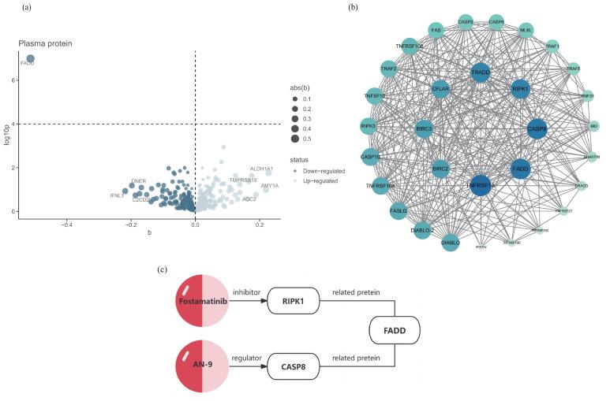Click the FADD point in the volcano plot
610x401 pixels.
30,58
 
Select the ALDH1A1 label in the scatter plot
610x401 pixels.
261,169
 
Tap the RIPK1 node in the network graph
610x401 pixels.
520,89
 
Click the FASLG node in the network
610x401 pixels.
399,211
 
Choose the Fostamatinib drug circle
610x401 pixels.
203,302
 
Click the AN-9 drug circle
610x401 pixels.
203,365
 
